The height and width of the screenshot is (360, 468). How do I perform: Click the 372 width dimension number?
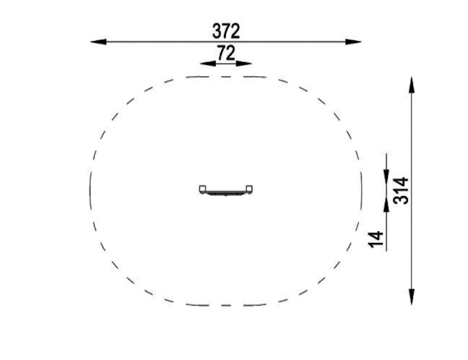click(x=226, y=31)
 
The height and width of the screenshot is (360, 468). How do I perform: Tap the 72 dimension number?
click(x=226, y=53)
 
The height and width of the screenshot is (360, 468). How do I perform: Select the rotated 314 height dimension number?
click(x=401, y=191)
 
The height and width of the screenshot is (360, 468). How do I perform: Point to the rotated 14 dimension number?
click(x=376, y=239)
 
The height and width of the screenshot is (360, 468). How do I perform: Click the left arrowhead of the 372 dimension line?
click(x=98, y=42)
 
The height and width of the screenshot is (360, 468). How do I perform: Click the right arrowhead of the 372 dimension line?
click(x=353, y=42)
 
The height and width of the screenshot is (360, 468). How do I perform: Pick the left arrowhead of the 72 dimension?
click(x=208, y=63)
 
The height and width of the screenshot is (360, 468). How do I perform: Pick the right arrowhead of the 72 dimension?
click(x=244, y=63)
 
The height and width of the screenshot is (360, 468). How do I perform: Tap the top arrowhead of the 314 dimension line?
click(x=412, y=85)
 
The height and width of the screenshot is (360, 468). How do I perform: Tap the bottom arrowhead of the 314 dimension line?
click(x=412, y=297)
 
